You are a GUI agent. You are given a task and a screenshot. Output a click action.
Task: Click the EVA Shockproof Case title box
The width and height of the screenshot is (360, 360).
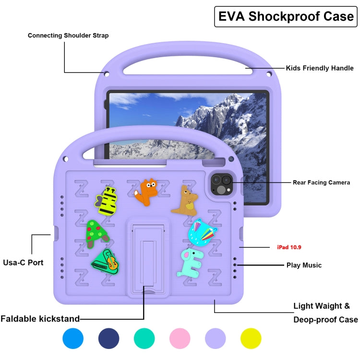[x=286, y=16]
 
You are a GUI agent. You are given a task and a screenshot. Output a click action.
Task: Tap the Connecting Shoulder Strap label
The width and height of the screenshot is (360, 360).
[x=68, y=36]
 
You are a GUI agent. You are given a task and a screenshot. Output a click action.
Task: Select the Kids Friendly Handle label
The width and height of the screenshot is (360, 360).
[x=320, y=68]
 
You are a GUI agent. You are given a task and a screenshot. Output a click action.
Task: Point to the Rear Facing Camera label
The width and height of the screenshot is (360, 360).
[x=321, y=182]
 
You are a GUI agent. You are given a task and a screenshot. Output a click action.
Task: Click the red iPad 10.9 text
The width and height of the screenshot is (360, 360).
[x=289, y=248]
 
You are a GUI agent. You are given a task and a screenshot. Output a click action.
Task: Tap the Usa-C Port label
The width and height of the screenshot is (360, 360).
[x=23, y=263]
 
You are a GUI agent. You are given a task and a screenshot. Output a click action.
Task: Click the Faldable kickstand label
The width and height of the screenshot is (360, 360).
[x=40, y=319]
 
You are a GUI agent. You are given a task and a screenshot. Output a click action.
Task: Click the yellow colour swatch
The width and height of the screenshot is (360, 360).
[x=251, y=338]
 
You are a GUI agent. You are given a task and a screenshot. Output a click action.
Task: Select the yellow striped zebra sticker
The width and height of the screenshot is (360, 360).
[x=109, y=201]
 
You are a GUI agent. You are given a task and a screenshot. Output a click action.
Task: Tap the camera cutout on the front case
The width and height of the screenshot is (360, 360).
[x=221, y=184]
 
